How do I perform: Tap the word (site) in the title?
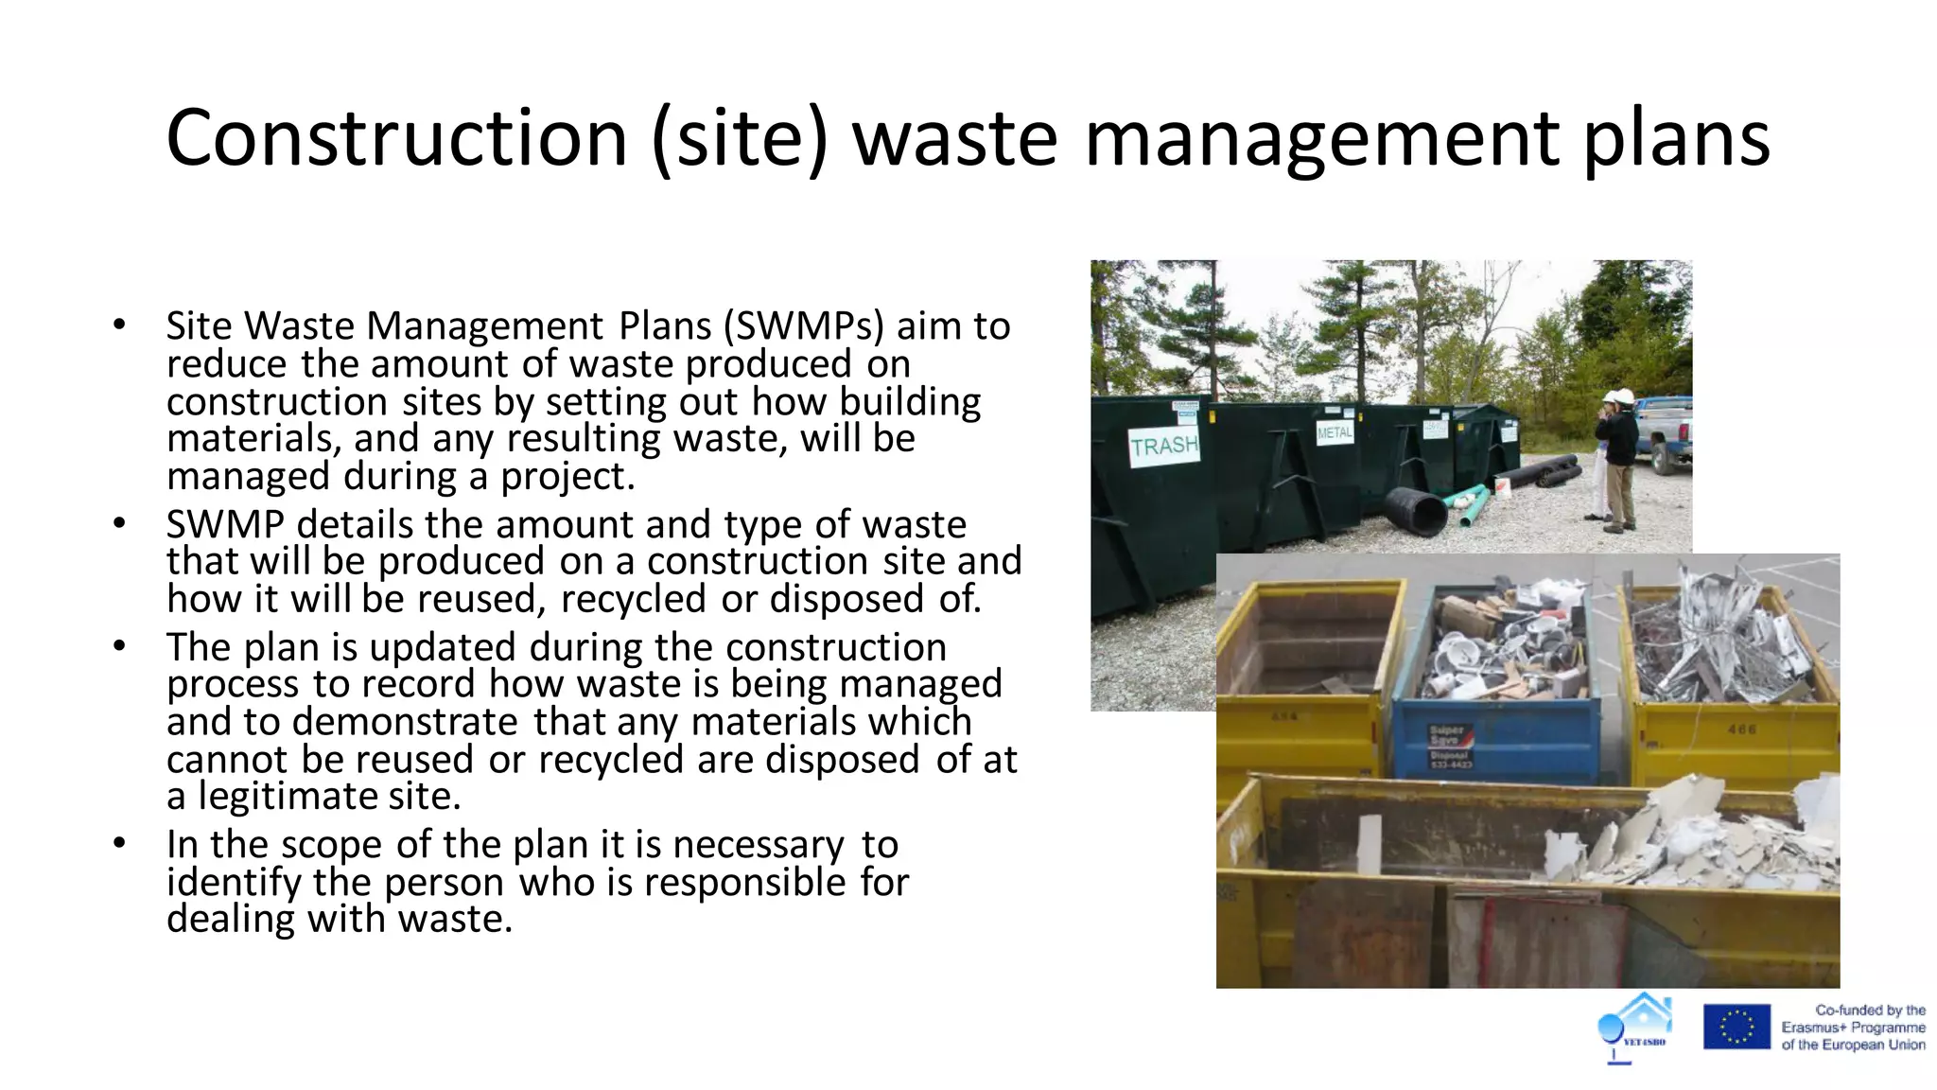tap(740, 138)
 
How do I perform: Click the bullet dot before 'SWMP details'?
tap(119, 523)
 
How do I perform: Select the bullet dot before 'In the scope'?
tap(119, 843)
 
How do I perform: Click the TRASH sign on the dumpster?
tap(1164, 446)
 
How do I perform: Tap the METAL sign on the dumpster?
tap(1335, 432)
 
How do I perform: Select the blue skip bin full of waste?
tap(1496, 681)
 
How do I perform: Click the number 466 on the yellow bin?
tap(1741, 730)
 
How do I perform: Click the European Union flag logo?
tap(1736, 1028)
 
